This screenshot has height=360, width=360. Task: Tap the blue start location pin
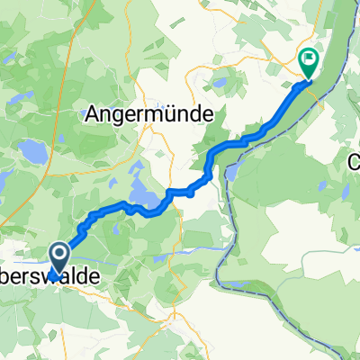pyautogui.click(x=58, y=262)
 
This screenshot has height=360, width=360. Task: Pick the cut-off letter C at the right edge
pyautogui.click(x=355, y=163)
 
